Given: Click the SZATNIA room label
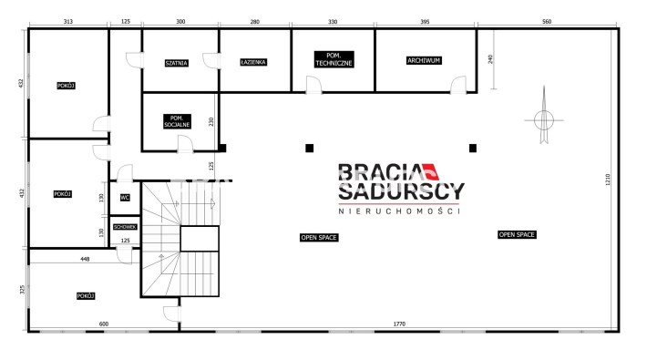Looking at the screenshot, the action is click(177, 63).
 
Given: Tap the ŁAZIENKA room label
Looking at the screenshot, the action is click(253, 62).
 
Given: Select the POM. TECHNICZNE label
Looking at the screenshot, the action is click(334, 59).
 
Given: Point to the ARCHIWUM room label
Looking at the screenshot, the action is click(424, 60).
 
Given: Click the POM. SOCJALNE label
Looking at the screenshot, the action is click(177, 121).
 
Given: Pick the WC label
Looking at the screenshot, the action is click(125, 198).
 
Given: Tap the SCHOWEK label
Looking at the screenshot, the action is click(125, 227).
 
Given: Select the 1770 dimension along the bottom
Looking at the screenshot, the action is click(399, 324).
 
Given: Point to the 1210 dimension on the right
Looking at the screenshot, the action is click(608, 180).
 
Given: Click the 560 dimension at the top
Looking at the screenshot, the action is click(547, 22).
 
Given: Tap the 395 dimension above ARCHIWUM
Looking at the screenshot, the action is click(425, 22).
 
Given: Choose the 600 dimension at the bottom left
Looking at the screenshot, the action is click(104, 324).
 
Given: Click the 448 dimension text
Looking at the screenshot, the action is click(85, 259).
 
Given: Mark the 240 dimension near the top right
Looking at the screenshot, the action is click(490, 59).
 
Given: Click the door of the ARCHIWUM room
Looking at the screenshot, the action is click(458, 85).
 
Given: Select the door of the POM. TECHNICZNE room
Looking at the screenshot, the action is click(313, 85).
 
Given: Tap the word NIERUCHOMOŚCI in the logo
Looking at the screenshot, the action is click(399, 211).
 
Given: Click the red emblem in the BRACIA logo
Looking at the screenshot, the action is click(430, 171).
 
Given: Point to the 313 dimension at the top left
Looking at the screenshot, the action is click(68, 22).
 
